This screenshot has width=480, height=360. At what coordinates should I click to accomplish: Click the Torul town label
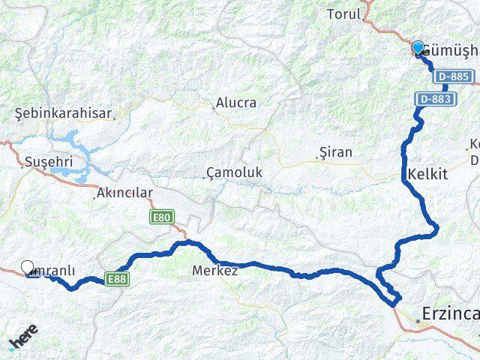343,13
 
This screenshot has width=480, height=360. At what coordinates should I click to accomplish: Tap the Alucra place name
235,103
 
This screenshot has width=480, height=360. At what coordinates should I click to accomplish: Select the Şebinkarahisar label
64,114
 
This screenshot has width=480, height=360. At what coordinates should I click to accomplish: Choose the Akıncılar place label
124,193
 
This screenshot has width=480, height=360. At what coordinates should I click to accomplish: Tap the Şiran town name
335,152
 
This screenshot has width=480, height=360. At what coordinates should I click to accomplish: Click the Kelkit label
427,174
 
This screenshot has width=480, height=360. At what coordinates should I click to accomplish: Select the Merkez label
215,270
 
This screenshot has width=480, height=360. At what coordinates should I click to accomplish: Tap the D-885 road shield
454,76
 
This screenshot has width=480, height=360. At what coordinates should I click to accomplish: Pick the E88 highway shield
115,278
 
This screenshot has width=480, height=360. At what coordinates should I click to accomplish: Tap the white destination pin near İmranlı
28,267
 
